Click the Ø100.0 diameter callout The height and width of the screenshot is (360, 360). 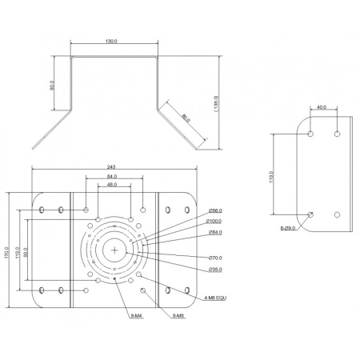[214, 221]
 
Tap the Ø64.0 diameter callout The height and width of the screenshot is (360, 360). [214, 232]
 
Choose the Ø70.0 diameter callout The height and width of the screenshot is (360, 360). [215, 258]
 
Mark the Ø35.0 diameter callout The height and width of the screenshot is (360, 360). [214, 270]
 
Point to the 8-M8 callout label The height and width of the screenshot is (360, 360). [178, 316]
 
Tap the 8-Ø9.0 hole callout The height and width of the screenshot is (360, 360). [289, 228]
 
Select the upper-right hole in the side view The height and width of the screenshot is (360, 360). [338, 132]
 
